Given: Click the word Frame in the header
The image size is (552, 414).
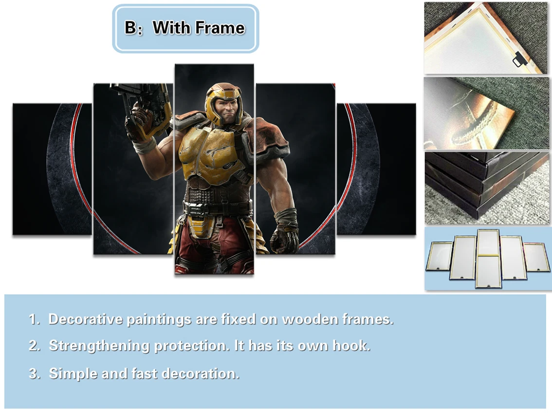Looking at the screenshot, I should [x=221, y=28].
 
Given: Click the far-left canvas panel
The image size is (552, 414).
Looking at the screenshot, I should [x=52, y=169].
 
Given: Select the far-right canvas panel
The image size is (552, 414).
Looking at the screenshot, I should [x=376, y=169].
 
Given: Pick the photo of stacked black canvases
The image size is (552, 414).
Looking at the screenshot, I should [x=487, y=188].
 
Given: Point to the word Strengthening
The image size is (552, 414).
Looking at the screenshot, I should [x=99, y=346].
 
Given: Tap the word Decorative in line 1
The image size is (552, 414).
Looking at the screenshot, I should [x=85, y=320].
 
